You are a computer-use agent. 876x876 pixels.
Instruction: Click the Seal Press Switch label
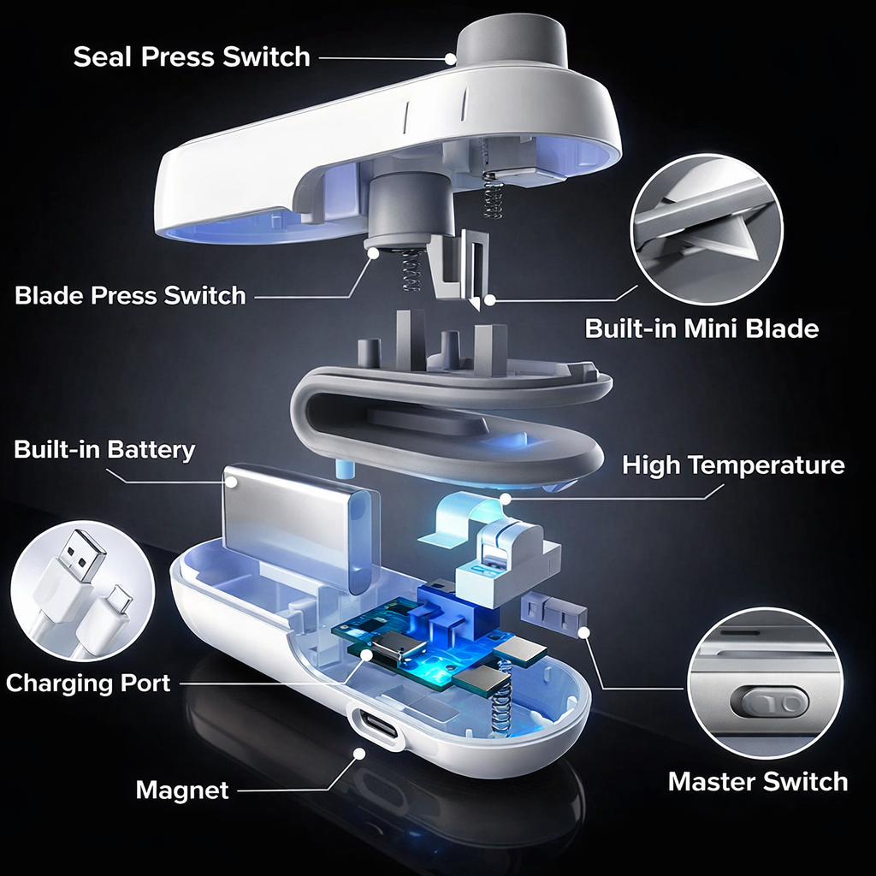[x=191, y=57]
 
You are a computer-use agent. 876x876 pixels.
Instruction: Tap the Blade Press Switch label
[x=130, y=296]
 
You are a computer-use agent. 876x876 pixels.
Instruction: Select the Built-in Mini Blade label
[x=701, y=328]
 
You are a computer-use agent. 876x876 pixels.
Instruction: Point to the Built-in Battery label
[x=104, y=450]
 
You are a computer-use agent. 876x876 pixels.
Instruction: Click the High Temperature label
[x=733, y=465]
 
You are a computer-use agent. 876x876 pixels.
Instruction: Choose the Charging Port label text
[x=88, y=684]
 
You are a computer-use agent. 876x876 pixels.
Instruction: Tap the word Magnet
[x=182, y=790]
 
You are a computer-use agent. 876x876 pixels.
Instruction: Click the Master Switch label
[x=757, y=781]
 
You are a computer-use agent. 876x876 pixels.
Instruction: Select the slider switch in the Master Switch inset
[x=775, y=703]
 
